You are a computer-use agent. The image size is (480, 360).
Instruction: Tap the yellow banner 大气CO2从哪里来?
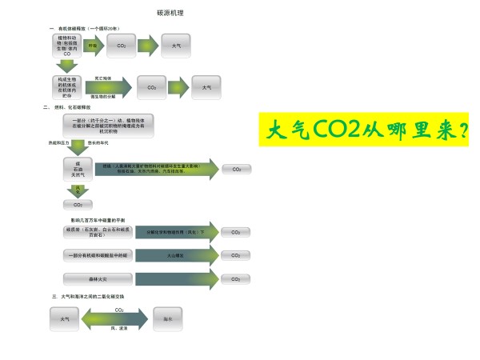(x=363, y=130)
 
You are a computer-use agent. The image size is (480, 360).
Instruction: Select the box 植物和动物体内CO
(x=67, y=46)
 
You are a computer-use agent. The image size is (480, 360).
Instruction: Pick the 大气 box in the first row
(x=176, y=46)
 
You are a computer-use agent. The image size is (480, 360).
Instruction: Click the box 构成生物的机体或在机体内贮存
(x=67, y=85)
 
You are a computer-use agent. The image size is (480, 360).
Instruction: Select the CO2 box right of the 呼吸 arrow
(x=122, y=46)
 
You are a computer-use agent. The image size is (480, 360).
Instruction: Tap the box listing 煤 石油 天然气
(x=78, y=170)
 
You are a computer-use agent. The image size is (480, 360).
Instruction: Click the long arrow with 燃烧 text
(x=156, y=170)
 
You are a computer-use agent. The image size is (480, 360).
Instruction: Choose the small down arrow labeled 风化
(x=78, y=190)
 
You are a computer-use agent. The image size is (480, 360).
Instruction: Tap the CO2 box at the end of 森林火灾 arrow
(x=235, y=279)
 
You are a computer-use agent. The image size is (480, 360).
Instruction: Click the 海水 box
(x=167, y=318)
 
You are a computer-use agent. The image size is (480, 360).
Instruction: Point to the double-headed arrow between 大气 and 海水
(x=119, y=318)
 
